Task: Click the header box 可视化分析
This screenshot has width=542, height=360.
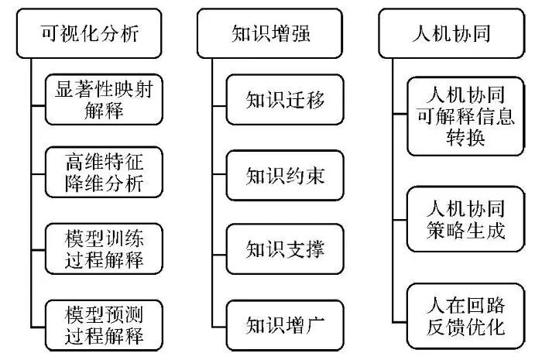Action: (90, 33)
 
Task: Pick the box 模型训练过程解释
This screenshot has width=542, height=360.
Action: (105, 249)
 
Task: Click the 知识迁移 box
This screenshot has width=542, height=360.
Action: (284, 100)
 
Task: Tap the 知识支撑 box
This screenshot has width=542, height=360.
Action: (284, 249)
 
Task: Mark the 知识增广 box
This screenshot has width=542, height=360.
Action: (284, 324)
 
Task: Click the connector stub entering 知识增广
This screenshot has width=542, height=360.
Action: (218, 324)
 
